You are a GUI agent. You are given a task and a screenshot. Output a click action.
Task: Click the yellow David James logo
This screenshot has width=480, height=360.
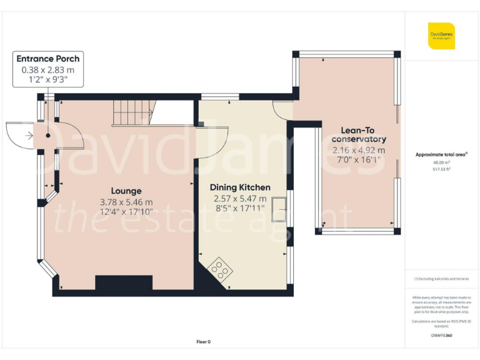tap(441, 36)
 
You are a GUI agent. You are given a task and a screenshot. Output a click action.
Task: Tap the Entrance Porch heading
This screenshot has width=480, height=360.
tap(48, 59)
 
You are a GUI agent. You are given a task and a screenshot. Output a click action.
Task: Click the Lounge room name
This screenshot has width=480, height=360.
tap(126, 191)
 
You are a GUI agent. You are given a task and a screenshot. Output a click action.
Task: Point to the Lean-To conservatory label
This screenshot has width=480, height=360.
tap(359, 134)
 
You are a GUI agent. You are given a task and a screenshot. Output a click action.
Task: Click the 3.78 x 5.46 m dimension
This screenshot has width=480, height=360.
tap(126, 202)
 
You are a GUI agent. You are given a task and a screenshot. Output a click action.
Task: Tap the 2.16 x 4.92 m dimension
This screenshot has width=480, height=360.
tap(359, 150)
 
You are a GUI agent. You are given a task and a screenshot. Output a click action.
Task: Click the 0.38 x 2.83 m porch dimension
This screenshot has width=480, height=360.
tap(48, 69)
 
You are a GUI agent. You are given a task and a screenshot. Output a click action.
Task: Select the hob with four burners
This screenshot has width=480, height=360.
tap(219, 269)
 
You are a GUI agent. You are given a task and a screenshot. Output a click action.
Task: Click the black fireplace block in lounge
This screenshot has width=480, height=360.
tap(124, 282)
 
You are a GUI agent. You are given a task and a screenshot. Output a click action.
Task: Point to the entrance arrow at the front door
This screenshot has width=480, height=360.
tap(29, 134)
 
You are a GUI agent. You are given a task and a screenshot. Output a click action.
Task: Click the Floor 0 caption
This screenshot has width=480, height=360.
tap(203, 341)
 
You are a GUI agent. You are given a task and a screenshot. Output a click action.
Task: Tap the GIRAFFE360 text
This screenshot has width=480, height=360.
tap(441, 336)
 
